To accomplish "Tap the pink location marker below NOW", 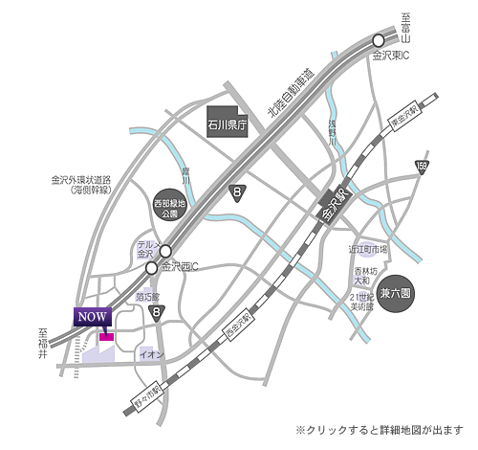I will coord(106,336).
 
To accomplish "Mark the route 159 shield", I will coord(422,168).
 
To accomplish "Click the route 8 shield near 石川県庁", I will coord(237,193).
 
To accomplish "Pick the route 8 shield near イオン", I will coord(161,311).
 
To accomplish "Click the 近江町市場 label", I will coord(368,249).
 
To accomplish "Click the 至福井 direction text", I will coord(43,344).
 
